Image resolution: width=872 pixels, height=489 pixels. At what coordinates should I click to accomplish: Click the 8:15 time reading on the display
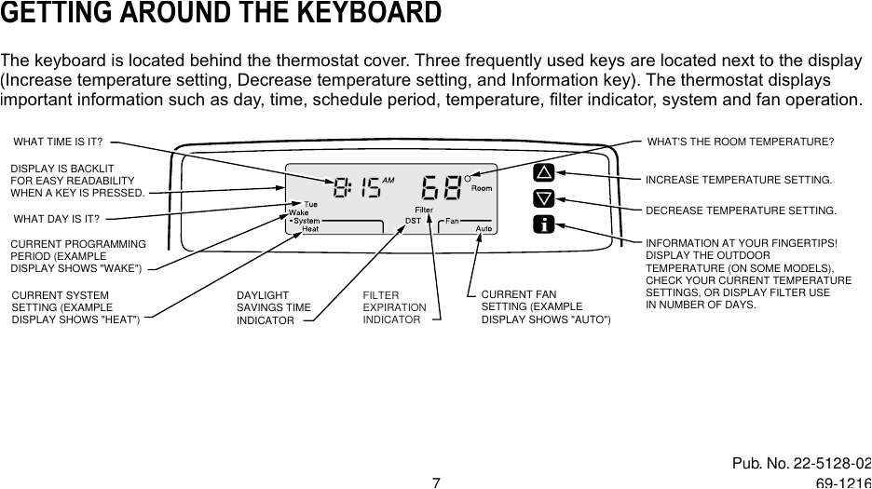[358, 188]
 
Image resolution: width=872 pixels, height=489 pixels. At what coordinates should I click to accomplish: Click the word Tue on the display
[312, 204]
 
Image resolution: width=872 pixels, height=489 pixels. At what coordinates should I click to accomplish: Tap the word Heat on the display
[310, 228]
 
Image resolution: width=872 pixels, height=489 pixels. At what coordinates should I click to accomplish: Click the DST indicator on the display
[413, 221]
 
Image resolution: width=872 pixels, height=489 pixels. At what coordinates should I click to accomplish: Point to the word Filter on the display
[425, 210]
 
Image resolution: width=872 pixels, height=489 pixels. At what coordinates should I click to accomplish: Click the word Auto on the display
[484, 228]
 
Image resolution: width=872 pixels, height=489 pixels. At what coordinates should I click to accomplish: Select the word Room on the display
[482, 188]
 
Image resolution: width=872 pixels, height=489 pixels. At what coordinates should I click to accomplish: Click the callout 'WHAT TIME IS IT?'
[58, 142]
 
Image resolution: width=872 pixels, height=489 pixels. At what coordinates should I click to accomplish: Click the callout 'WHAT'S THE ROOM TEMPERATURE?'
[741, 142]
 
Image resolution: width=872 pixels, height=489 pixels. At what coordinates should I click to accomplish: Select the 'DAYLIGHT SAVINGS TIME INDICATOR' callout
[274, 307]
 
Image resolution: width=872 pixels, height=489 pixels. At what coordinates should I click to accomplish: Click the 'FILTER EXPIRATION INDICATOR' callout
[394, 307]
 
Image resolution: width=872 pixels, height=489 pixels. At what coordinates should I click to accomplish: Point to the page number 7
[435, 482]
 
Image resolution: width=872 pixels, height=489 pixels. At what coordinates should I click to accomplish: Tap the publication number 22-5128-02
[827, 464]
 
